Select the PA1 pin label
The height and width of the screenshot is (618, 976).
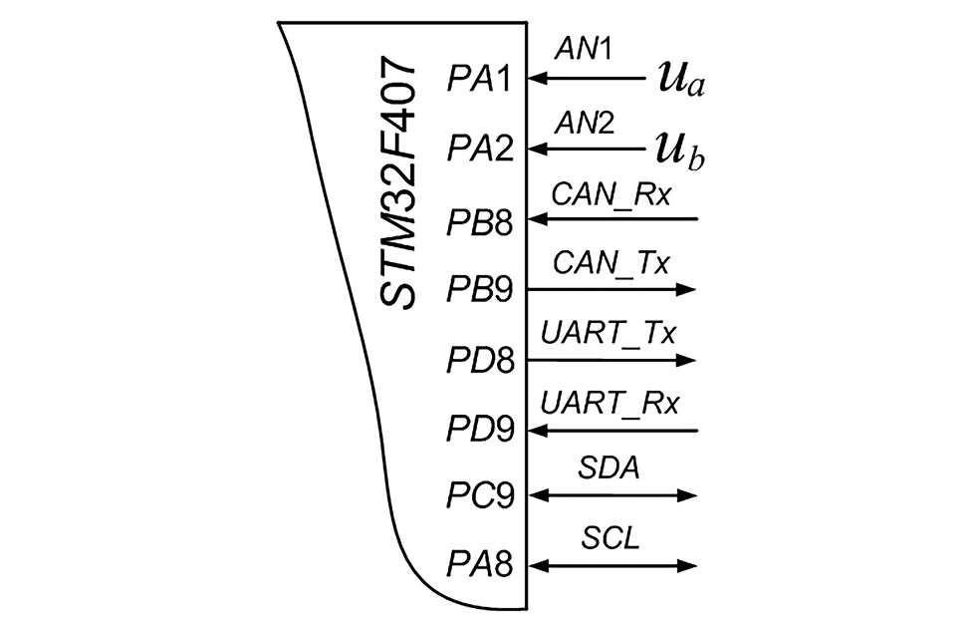tap(479, 79)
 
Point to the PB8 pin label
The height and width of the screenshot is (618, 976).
tap(479, 220)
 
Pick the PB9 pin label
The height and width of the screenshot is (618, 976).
tap(479, 291)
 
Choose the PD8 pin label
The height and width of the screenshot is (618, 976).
tap(479, 361)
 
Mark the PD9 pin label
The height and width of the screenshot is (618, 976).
tap(479, 432)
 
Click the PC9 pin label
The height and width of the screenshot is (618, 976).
tap(479, 496)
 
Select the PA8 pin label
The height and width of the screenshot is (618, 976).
tap(479, 567)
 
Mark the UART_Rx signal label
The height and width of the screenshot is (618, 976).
tap(610, 405)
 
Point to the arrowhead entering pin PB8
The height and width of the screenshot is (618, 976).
tap(536, 218)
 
